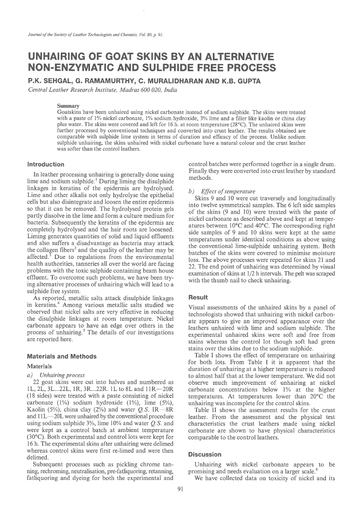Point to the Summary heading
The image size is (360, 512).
(68, 106)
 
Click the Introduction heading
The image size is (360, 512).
(45, 164)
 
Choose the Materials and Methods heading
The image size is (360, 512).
(62, 356)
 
